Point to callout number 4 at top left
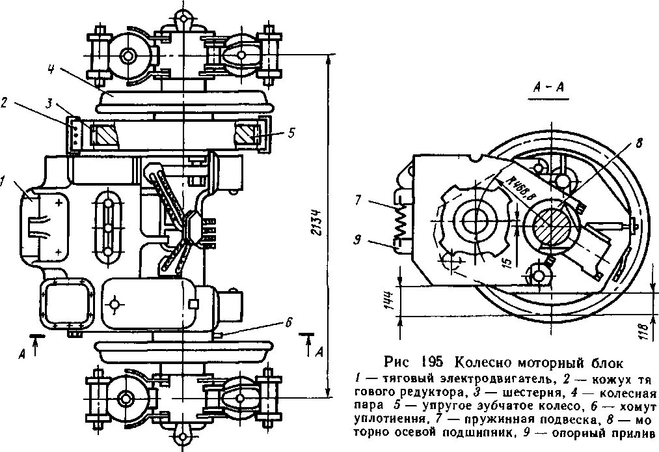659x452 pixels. pyautogui.click(x=51, y=68)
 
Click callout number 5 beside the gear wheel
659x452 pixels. pyautogui.click(x=291, y=132)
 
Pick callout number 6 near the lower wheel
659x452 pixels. pyautogui.click(x=288, y=321)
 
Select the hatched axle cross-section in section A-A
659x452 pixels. pyautogui.click(x=552, y=223)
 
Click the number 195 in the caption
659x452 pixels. pyautogui.click(x=433, y=362)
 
